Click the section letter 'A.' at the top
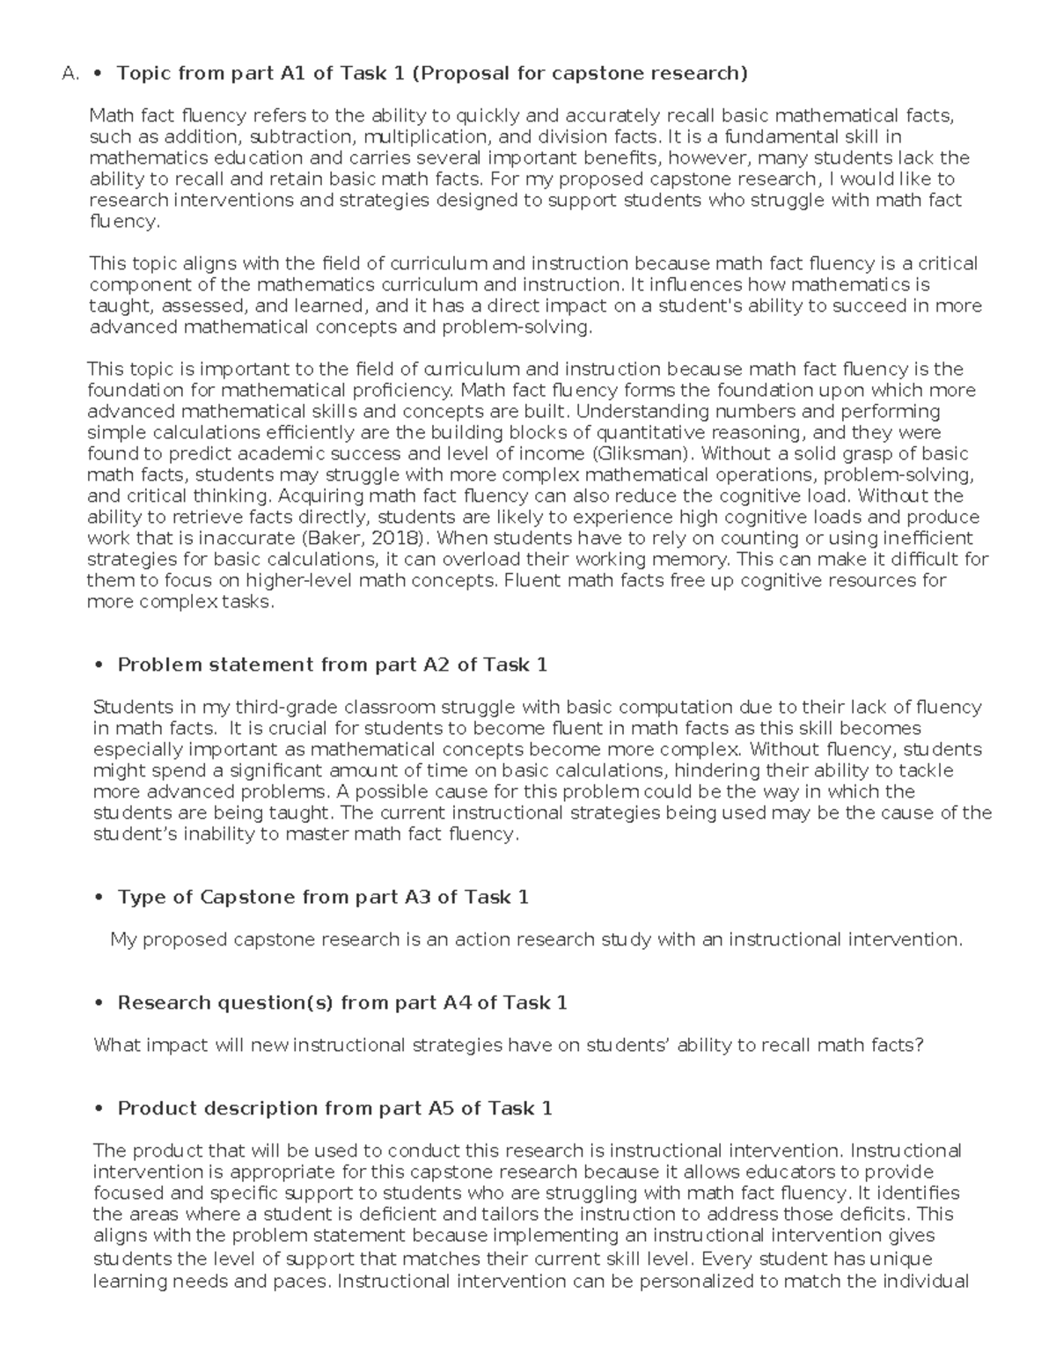tap(71, 74)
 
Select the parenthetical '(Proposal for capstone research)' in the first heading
tap(580, 73)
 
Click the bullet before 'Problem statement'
tap(99, 666)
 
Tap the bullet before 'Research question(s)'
tap(99, 1004)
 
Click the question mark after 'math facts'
tap(920, 1046)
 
